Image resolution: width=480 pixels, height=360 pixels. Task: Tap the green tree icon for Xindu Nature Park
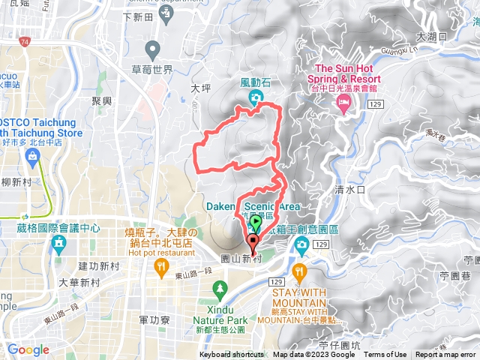220,287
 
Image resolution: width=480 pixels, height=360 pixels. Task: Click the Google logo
28,350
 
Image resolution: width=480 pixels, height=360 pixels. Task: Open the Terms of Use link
385,355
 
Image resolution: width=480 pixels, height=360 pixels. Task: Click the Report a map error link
447,355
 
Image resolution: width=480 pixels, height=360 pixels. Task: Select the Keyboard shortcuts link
231,355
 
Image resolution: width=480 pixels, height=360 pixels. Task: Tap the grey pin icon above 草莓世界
154,51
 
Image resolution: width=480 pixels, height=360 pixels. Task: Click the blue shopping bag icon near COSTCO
31,156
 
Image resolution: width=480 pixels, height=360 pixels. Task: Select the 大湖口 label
432,36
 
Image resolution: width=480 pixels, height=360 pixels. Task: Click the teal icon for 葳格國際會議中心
59,244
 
